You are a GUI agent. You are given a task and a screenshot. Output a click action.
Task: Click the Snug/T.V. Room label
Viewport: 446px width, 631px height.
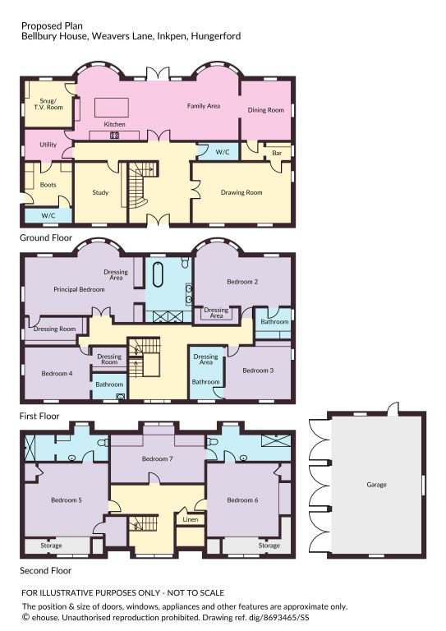point(48,104)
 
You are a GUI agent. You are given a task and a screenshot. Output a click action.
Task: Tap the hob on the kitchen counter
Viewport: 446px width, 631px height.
point(115,136)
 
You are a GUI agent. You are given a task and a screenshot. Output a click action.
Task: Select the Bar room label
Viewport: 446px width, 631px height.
point(277,153)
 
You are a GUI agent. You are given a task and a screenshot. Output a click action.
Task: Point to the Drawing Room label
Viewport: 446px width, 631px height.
point(241,192)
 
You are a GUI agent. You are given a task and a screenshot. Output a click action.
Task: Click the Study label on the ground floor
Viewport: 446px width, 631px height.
point(100,192)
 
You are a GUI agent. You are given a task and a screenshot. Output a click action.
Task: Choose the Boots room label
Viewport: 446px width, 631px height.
point(48,185)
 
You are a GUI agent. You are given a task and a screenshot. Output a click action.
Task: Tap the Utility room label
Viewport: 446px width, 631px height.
point(48,145)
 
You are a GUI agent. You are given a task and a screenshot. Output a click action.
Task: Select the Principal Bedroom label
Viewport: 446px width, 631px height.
point(79,289)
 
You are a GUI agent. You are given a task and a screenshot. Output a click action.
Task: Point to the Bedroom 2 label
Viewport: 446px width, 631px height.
point(242,282)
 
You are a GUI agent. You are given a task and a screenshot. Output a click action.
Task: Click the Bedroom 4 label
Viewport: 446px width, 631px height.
point(57,374)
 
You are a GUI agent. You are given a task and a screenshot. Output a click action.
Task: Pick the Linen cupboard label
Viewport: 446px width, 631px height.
point(191,519)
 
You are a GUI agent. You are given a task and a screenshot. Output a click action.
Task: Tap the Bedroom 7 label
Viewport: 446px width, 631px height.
point(157,458)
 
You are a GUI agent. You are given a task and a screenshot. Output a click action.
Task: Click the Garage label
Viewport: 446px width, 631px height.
point(376,485)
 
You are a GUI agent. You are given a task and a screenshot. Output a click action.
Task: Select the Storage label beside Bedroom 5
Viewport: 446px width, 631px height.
point(51,546)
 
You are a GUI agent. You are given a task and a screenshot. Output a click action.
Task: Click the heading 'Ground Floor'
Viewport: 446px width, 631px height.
point(46,237)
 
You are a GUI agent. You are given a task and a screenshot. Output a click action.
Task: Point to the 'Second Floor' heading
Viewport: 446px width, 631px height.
point(45,571)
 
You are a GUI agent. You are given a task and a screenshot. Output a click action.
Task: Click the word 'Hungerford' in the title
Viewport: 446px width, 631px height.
point(216,36)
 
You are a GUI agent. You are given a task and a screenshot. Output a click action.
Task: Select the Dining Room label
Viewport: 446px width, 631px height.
point(266,110)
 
